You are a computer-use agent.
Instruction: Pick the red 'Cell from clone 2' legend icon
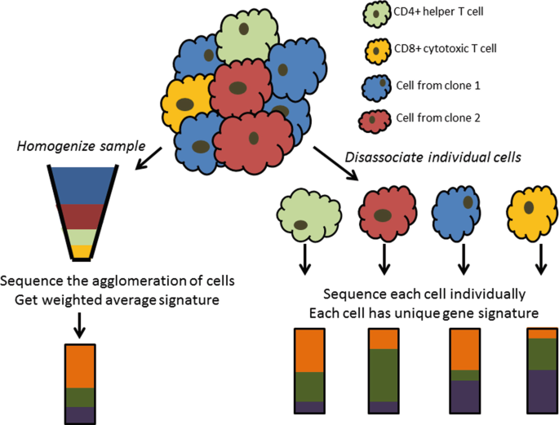click(373, 120)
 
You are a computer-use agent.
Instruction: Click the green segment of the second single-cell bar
click(383, 375)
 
